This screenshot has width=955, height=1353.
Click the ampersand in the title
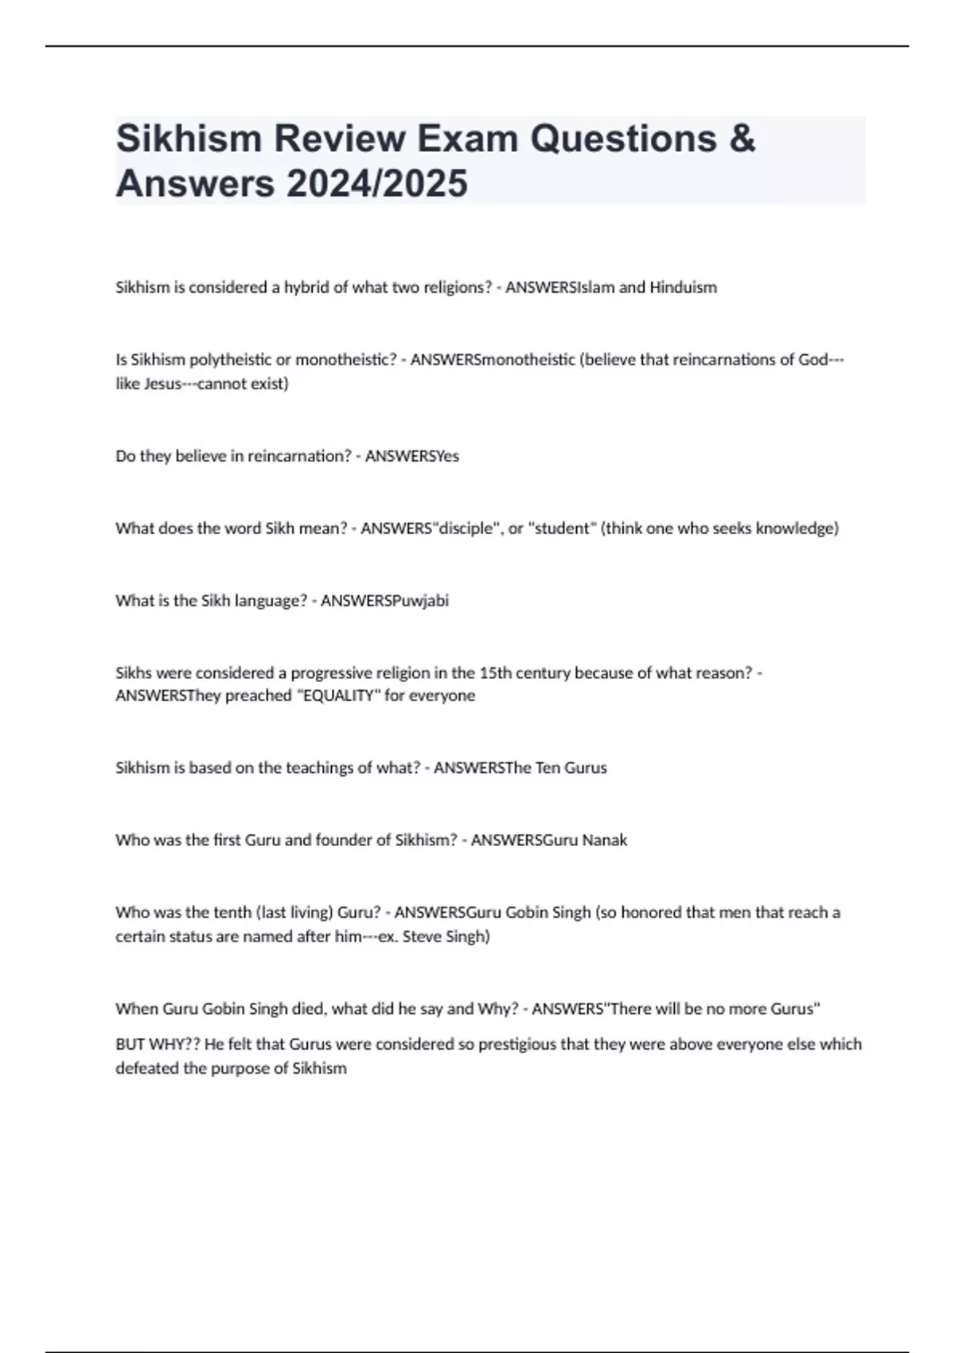coord(741,138)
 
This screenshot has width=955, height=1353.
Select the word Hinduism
coord(683,287)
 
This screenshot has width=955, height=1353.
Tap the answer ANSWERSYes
coord(412,456)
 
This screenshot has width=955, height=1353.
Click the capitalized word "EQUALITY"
coord(337,696)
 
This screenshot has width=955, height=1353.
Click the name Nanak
coord(604,840)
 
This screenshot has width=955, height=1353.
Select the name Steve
coord(423,937)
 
